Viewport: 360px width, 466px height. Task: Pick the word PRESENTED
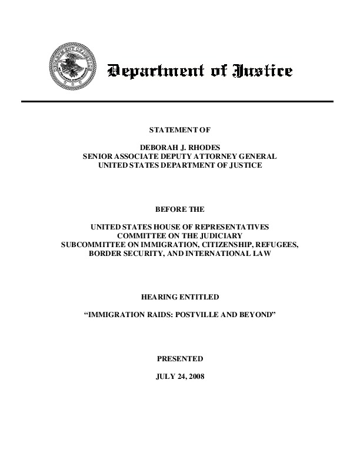point(179,358)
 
